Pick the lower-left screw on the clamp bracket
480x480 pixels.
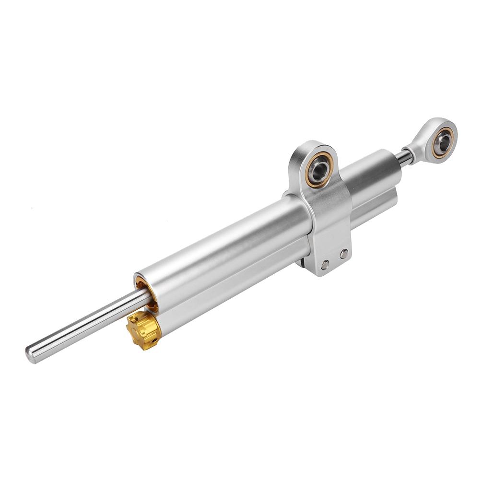tap(326, 264)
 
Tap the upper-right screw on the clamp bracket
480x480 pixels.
tap(343, 254)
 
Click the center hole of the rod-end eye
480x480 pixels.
tap(444, 141)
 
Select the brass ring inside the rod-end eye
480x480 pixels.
tap(437, 134)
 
